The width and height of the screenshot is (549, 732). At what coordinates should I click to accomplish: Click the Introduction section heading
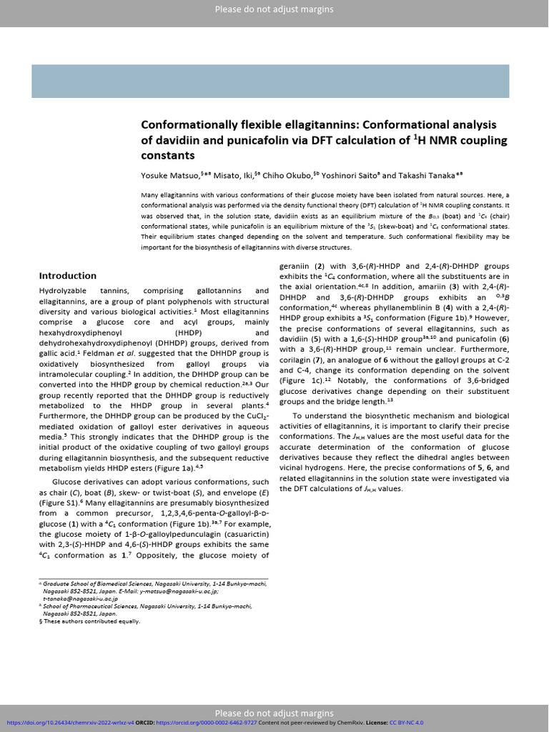pyautogui.click(x=67, y=276)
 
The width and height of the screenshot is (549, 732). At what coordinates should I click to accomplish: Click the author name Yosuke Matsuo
pyautogui.click(x=165, y=174)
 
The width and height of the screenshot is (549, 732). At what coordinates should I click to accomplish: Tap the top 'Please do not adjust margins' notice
pyautogui.click(x=274, y=9)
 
